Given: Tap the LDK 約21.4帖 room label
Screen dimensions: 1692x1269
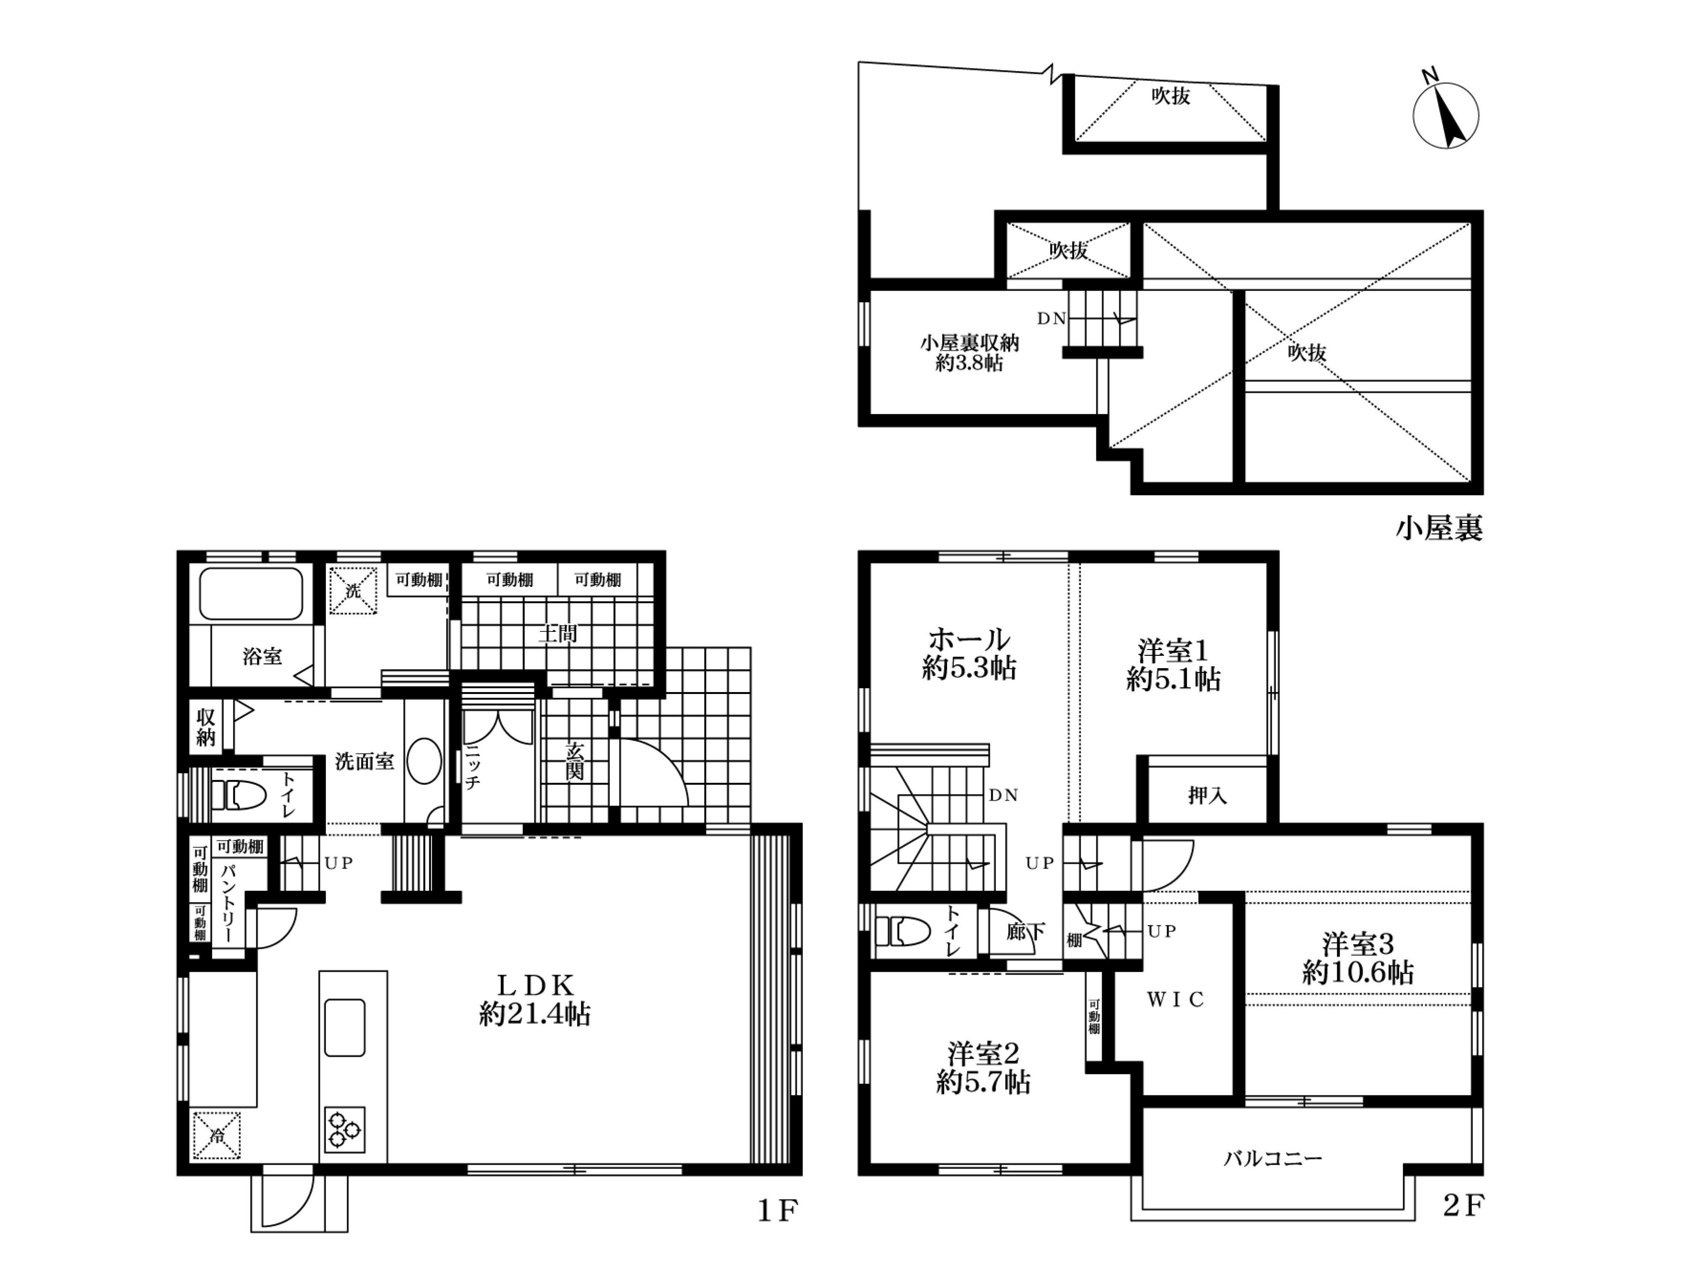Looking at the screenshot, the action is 535,999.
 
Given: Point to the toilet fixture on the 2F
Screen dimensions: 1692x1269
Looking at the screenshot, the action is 902,931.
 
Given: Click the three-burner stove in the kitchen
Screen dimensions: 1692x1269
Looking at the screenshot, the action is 344,1129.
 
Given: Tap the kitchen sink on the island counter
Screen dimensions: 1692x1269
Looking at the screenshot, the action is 344,1027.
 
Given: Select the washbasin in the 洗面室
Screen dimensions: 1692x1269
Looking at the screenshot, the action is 424,763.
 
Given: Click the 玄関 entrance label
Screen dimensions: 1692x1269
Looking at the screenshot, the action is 575,760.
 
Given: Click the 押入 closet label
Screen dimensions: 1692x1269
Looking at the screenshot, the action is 1207,795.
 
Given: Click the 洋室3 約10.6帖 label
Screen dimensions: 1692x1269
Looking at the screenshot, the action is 1358,958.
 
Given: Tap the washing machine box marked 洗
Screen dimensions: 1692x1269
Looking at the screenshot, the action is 353,590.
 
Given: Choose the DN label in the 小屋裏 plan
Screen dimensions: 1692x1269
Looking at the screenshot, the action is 1051,319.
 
